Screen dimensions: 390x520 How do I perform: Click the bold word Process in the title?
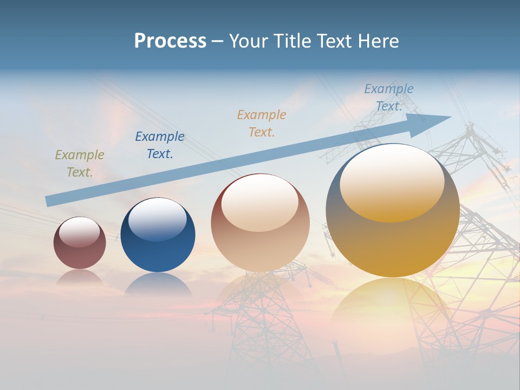pos(170,41)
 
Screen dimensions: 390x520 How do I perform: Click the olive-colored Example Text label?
pos(80,164)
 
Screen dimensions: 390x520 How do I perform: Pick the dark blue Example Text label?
pos(160,145)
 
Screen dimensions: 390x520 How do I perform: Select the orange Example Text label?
pos(262,123)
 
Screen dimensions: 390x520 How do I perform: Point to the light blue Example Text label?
pos(389,97)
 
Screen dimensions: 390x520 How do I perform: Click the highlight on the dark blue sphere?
pos(157,218)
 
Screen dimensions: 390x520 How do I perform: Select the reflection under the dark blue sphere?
pos(158,284)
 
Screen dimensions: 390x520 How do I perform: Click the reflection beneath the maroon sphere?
pos(80,277)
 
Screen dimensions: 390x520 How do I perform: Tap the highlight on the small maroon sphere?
pos(80,231)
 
